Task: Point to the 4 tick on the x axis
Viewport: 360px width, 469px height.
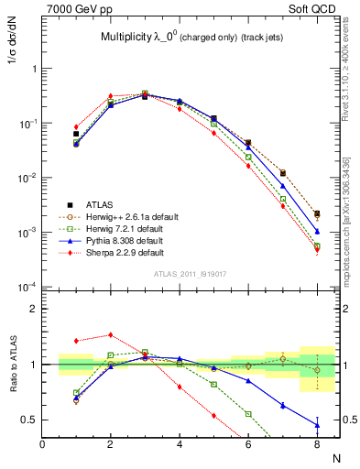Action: (179, 445)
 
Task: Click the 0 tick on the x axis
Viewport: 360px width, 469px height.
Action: (42, 445)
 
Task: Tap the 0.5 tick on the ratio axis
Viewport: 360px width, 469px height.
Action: (29, 420)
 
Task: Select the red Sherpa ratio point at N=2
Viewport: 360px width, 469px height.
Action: (111, 335)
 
